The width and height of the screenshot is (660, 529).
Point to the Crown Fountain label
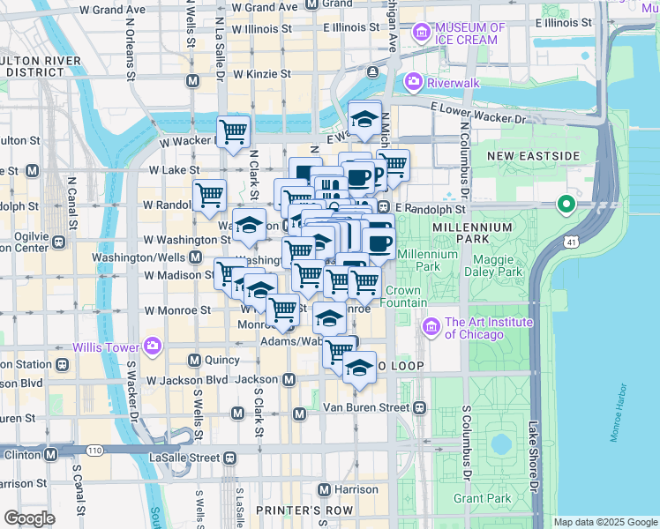pyautogui.click(x=402, y=296)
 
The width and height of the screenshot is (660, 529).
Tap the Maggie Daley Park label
pyautogui.click(x=499, y=265)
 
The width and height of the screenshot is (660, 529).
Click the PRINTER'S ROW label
pyautogui.click(x=291, y=510)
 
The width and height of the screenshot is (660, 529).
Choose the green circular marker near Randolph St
pyautogui.click(x=566, y=206)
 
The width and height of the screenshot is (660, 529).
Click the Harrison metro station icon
pyautogui.click(x=324, y=489)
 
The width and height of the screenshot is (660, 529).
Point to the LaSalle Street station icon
pyautogui.click(x=229, y=458)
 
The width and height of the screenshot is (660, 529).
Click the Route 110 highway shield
pyautogui.click(x=94, y=451)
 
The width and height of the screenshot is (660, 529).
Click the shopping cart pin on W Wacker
pyautogui.click(x=234, y=132)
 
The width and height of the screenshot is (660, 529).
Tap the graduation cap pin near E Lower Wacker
pyautogui.click(x=364, y=117)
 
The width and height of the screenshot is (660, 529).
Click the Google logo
pyautogui.click(x=29, y=518)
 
